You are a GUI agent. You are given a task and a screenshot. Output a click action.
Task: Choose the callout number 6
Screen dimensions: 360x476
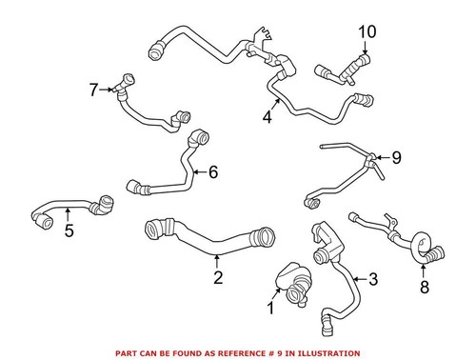[x=213, y=172]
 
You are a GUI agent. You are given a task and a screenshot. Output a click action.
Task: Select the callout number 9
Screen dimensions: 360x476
[x=397, y=157]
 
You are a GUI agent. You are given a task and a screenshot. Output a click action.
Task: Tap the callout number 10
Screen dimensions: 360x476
[x=367, y=33]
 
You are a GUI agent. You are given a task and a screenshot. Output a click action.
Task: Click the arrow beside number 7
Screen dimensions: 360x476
[x=108, y=90]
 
